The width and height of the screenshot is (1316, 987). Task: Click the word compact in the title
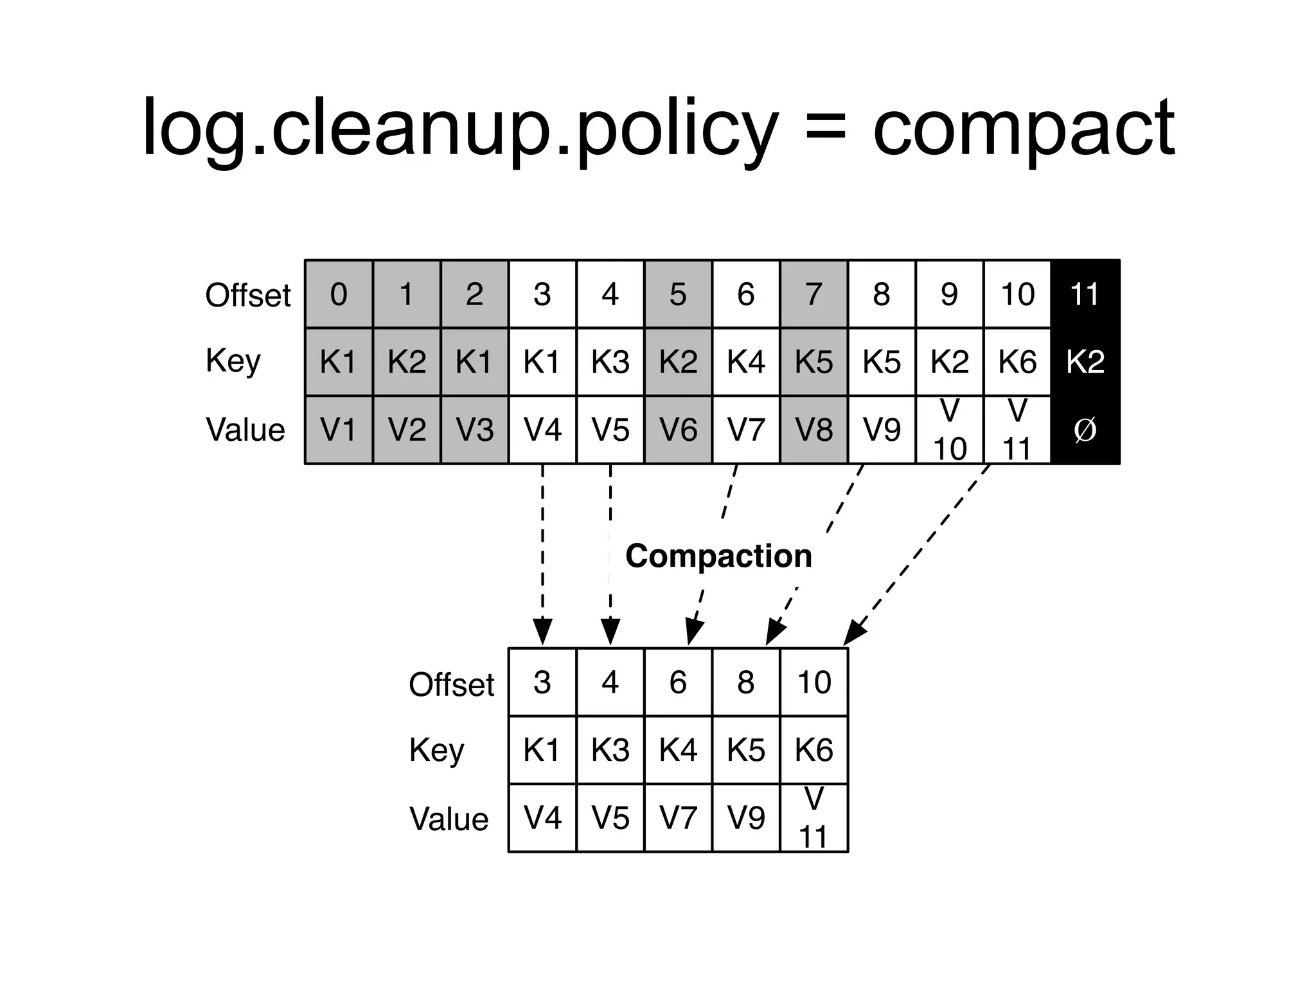[x=1023, y=129]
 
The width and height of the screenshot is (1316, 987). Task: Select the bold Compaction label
[x=718, y=556]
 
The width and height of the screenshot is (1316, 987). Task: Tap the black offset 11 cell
[x=1085, y=294]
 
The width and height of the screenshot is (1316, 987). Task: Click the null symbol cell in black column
[x=1085, y=430]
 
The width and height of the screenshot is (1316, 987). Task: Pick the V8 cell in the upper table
[x=814, y=430]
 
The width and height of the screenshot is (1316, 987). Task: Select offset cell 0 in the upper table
[x=339, y=294]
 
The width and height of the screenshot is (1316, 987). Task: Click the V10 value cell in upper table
[x=949, y=430]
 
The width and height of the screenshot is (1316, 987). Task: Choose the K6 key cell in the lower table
[x=814, y=750]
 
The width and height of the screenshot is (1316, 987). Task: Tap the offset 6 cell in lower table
[x=678, y=682]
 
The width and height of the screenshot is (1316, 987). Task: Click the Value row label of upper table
[x=245, y=430]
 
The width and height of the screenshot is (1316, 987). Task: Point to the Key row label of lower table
[x=436, y=750]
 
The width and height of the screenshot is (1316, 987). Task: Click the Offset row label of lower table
[x=451, y=684]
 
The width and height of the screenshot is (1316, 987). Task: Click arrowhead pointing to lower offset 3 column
[x=542, y=632]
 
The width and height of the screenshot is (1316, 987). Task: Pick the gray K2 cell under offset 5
[x=678, y=362]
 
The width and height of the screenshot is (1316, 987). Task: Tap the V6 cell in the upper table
[x=678, y=430]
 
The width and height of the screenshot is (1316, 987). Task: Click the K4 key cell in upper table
[x=745, y=362]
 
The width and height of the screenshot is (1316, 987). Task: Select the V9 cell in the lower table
[x=745, y=818]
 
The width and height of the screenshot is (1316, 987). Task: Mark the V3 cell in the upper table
[x=474, y=430]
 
